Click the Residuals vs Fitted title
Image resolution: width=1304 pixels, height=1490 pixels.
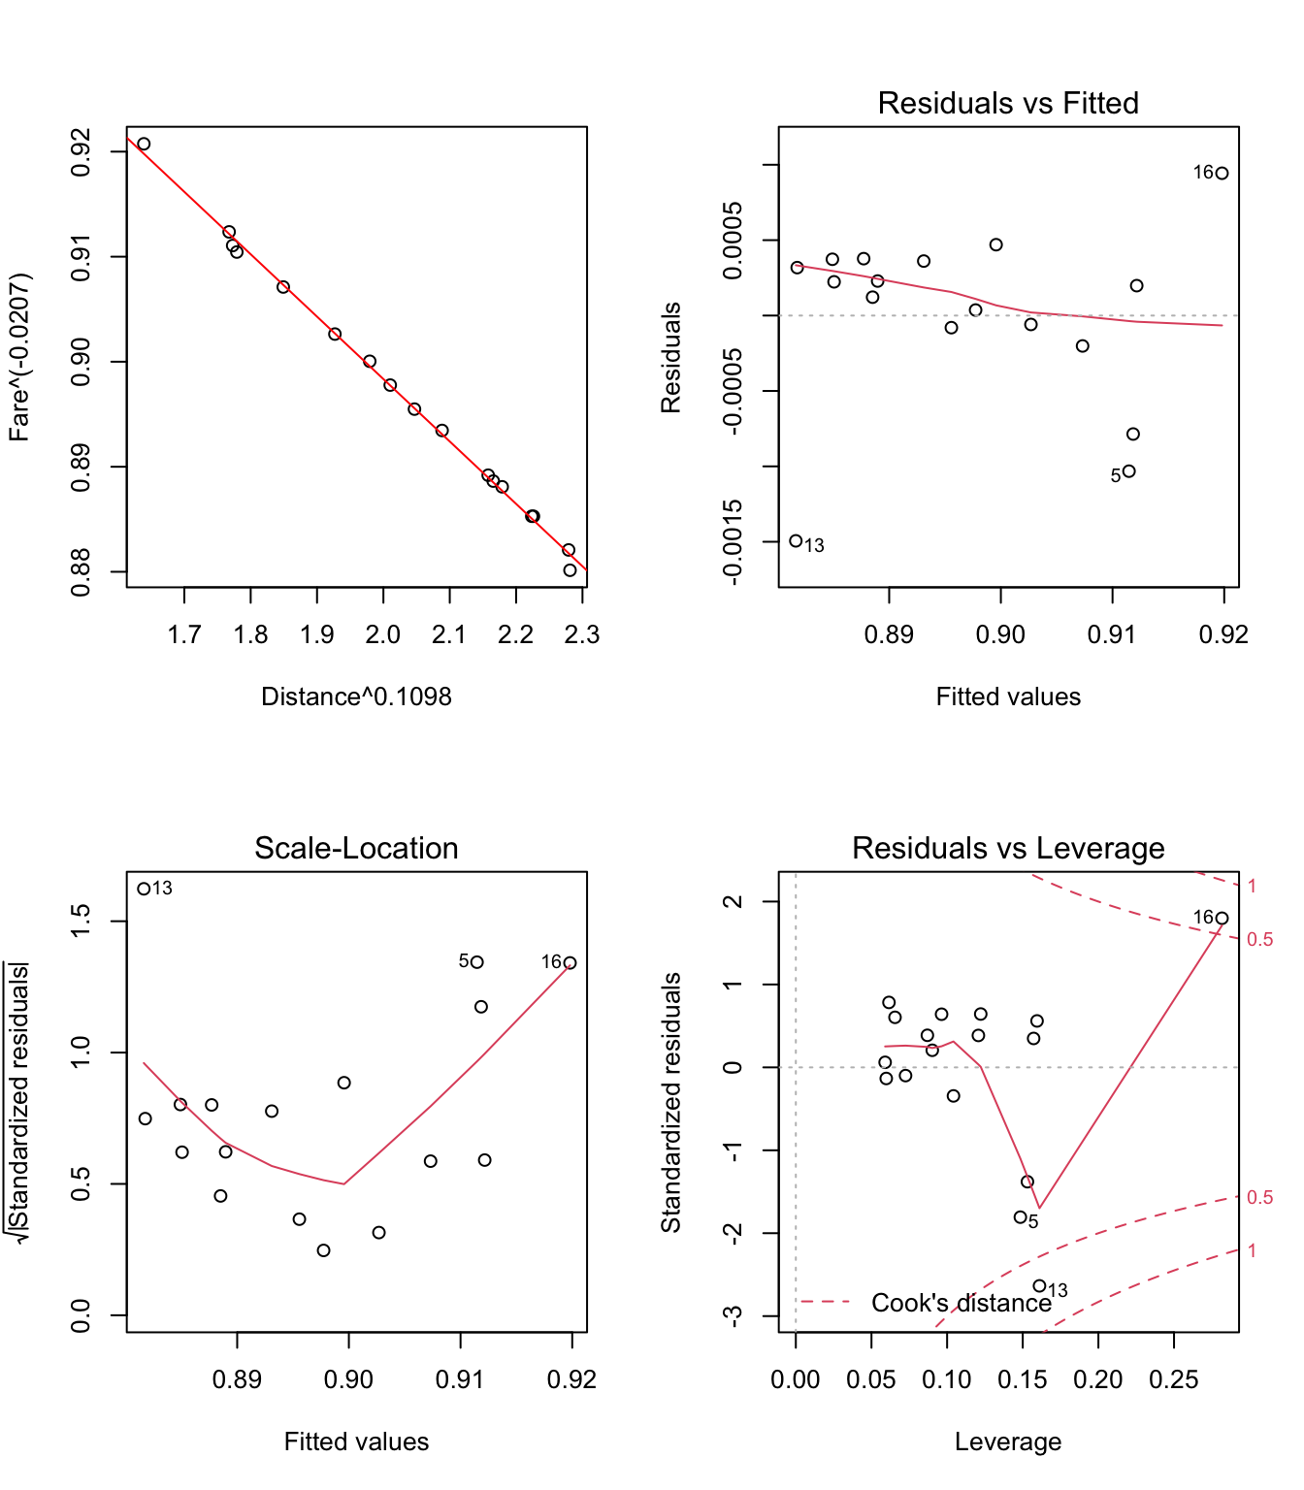(x=1007, y=103)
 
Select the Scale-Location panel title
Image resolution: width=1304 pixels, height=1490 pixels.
(x=356, y=848)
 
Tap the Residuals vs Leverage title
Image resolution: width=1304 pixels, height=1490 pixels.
(x=1007, y=848)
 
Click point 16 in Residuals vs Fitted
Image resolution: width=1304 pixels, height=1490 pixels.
(x=1222, y=174)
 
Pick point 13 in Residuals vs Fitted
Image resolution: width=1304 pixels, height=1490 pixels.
(x=796, y=541)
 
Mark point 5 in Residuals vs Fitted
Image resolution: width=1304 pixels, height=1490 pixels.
(x=1128, y=471)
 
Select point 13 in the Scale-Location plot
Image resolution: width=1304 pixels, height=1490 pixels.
(x=144, y=889)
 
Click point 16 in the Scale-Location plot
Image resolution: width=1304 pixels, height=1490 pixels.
(x=570, y=963)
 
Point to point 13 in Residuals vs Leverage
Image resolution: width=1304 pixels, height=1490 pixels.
(x=1039, y=1286)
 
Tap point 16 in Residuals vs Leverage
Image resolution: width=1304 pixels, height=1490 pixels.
(x=1222, y=919)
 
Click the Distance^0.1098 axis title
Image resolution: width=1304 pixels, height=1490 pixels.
(x=356, y=696)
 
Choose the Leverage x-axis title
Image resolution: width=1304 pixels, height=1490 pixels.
(x=1007, y=1441)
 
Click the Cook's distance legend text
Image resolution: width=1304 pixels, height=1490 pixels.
(x=961, y=1303)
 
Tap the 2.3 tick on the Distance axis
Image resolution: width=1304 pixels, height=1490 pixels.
(x=582, y=635)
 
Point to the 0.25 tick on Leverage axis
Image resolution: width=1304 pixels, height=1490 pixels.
(x=1174, y=1380)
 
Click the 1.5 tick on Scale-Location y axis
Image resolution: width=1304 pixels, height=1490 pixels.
(x=81, y=921)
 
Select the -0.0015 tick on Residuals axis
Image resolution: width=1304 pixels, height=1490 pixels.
(x=733, y=541)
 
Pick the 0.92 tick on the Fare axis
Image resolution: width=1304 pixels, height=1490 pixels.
(x=81, y=151)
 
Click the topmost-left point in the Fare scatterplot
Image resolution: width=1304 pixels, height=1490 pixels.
(x=144, y=145)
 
